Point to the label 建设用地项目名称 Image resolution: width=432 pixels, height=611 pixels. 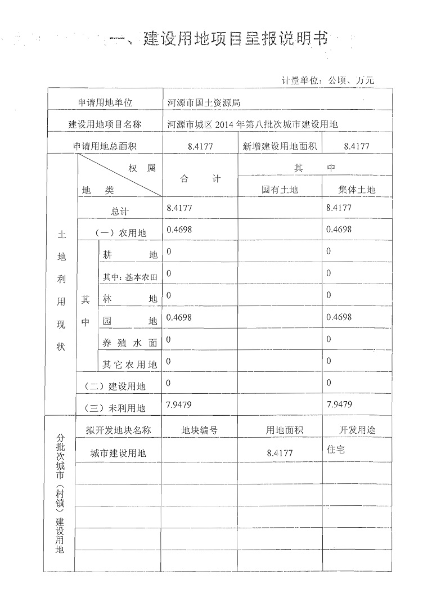click(x=105, y=124)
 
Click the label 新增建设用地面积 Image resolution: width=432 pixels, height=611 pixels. click(x=280, y=146)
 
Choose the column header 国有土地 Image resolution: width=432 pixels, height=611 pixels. click(x=280, y=190)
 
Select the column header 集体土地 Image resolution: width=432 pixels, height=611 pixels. click(x=357, y=190)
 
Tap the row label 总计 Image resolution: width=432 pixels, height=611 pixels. click(x=119, y=212)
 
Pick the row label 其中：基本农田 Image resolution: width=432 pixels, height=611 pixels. click(x=129, y=277)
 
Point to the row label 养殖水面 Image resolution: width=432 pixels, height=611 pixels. click(x=129, y=343)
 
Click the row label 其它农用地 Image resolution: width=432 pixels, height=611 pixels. click(x=129, y=365)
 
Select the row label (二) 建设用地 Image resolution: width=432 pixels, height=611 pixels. click(x=115, y=386)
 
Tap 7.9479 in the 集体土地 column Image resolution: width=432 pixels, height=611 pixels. click(x=339, y=404)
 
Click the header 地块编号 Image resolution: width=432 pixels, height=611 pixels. click(x=199, y=430)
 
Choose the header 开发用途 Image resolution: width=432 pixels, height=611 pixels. click(x=357, y=430)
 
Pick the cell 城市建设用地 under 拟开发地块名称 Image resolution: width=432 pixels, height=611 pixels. click(x=118, y=452)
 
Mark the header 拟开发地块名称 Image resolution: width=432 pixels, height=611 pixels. click(x=118, y=430)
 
